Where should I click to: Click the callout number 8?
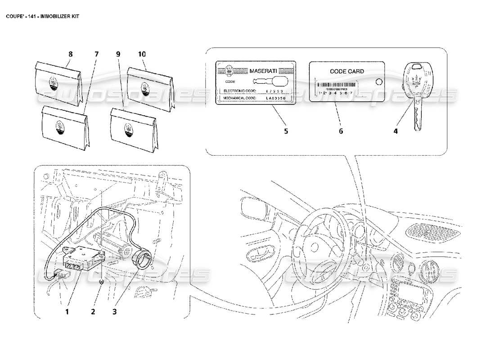(x=70, y=54)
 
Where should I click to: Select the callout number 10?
(x=142, y=54)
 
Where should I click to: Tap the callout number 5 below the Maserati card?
(x=286, y=131)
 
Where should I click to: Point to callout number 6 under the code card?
(x=341, y=131)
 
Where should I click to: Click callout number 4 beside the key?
(x=396, y=131)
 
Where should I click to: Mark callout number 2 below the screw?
(x=93, y=311)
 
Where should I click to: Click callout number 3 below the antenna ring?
(x=115, y=311)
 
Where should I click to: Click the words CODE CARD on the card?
(x=347, y=71)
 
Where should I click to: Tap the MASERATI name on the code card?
(x=263, y=71)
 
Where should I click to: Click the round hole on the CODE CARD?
(x=378, y=81)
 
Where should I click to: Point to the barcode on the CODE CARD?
(x=335, y=85)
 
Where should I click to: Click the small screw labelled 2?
(x=103, y=281)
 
